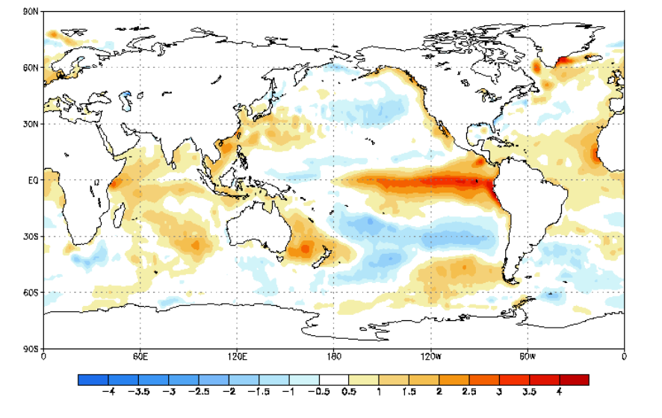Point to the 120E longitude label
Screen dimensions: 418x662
pos(237,356)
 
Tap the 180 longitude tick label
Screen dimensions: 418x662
pos(333,356)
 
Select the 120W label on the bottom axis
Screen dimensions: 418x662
pos(430,356)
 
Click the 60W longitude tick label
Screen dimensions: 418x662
pos(527,356)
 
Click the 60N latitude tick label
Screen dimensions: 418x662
pos(31,67)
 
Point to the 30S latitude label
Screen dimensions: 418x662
pos(31,237)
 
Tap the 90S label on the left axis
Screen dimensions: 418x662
pos(31,349)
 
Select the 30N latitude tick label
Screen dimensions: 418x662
pos(31,124)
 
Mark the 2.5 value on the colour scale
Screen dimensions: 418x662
pos(468,391)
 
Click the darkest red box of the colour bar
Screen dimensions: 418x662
pos(574,379)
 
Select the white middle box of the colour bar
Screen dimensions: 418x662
pos(333,379)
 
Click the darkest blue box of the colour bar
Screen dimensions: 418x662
pos(93,379)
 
